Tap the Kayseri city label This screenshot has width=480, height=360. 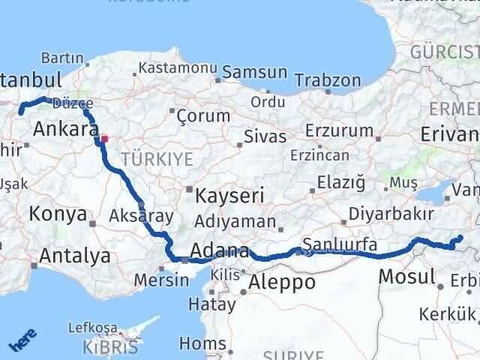[229, 196]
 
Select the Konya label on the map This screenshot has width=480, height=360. [58, 214]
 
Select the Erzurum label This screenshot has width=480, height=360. [345, 130]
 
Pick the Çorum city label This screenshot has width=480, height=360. [202, 115]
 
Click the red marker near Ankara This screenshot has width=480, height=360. [105, 138]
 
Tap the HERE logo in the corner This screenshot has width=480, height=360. [20, 343]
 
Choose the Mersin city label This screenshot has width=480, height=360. [161, 280]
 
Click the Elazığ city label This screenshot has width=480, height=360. [340, 181]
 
